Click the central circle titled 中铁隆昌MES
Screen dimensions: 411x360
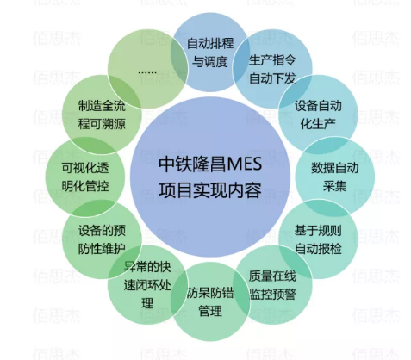(x=210, y=177)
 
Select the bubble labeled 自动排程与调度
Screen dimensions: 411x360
(x=210, y=52)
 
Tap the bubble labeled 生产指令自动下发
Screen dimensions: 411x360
(x=272, y=69)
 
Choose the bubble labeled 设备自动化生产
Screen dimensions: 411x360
(x=318, y=115)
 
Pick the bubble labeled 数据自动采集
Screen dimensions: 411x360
(x=335, y=177)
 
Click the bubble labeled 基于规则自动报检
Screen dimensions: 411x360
(x=318, y=239)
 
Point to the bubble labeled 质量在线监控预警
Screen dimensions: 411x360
(x=272, y=285)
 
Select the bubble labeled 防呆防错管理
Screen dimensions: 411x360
(x=210, y=301)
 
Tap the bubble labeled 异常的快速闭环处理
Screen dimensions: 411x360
(x=147, y=285)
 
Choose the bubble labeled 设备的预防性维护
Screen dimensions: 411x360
(x=102, y=239)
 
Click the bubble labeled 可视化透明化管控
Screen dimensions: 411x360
(x=85, y=177)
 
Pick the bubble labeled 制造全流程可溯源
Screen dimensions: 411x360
(x=102, y=115)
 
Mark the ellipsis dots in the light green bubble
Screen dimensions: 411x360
(x=147, y=72)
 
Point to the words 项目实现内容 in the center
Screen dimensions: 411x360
(x=210, y=189)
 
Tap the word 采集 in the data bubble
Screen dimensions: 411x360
(x=335, y=186)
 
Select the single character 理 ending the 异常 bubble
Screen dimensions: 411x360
(x=147, y=303)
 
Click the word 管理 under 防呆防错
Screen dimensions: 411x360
(x=210, y=311)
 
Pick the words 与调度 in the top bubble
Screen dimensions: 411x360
(x=210, y=61)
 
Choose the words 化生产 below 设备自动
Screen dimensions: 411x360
(x=318, y=124)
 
